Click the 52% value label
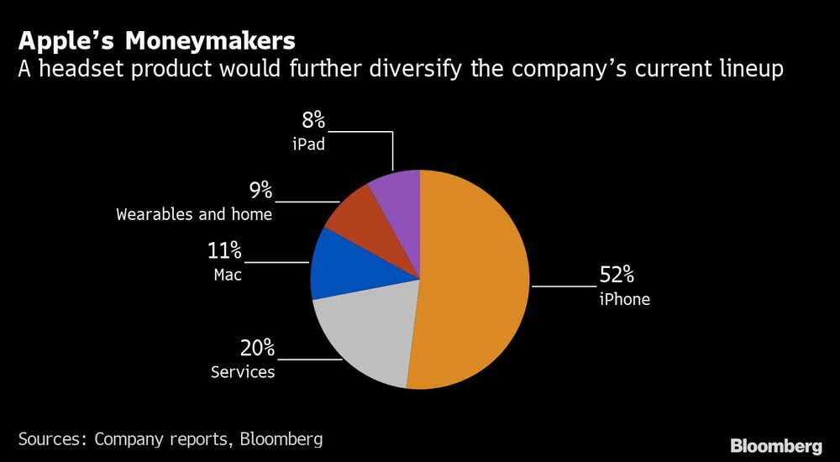(x=617, y=276)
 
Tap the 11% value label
(x=224, y=250)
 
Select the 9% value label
(x=254, y=191)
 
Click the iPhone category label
(x=624, y=299)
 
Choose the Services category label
(x=243, y=371)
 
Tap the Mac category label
(x=227, y=274)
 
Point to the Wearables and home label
(x=194, y=214)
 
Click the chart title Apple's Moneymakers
(x=156, y=40)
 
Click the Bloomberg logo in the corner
(x=777, y=445)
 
